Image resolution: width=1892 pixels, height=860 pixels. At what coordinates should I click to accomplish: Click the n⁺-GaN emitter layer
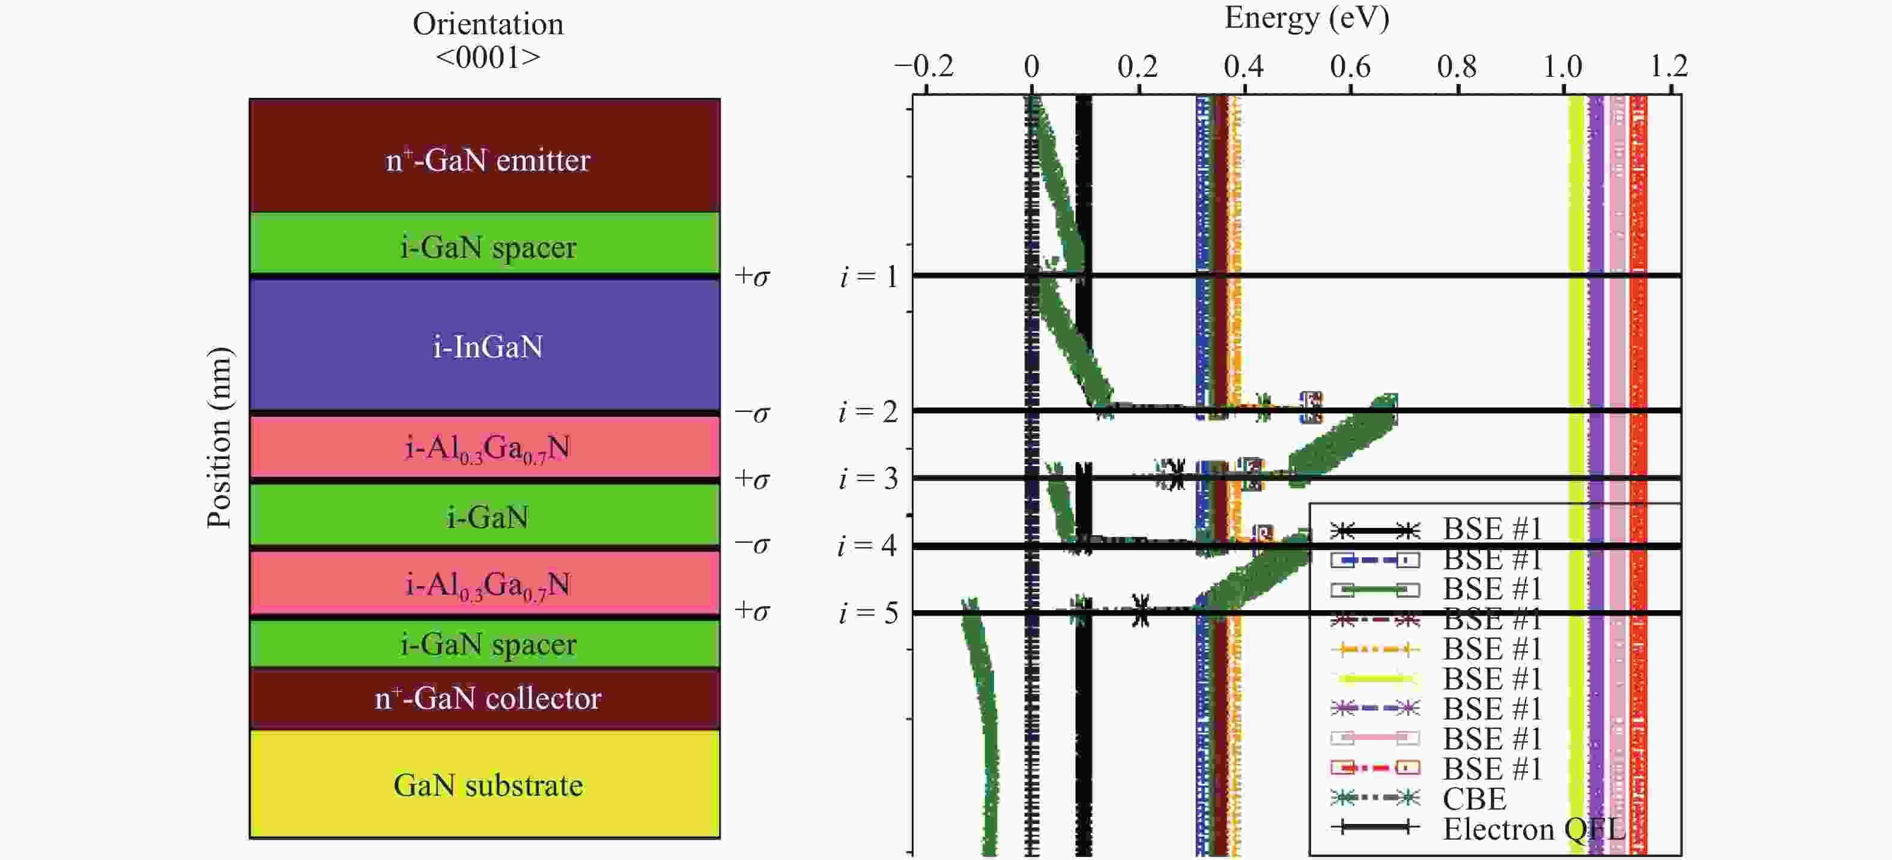click(485, 156)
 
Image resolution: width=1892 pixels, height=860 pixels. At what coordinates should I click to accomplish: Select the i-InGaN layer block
click(485, 345)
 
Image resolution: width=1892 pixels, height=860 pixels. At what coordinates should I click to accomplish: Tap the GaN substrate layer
click(485, 784)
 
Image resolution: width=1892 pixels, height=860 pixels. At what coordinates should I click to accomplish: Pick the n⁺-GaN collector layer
click(485, 698)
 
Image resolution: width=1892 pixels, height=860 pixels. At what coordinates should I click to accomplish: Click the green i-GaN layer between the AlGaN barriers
click(485, 516)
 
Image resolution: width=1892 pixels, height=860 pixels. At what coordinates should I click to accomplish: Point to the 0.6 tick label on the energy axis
click(1350, 67)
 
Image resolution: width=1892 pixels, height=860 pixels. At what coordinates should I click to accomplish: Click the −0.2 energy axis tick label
click(924, 67)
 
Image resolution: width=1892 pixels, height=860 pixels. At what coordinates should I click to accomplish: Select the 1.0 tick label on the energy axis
click(1562, 67)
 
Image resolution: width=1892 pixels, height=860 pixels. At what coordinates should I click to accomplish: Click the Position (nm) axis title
click(219, 437)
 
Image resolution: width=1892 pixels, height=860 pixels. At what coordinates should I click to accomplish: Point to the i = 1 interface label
click(869, 277)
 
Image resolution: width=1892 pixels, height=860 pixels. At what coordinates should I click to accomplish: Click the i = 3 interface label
click(869, 479)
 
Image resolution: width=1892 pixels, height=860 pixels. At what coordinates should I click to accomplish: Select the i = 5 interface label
click(869, 613)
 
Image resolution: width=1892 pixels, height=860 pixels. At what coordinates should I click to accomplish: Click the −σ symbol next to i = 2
click(752, 413)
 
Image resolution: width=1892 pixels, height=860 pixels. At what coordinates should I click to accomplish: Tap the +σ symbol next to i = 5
click(752, 610)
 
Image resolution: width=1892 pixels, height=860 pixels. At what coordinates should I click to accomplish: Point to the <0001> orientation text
click(488, 56)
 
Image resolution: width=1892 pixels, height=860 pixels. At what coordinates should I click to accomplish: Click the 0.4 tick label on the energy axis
click(1243, 67)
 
